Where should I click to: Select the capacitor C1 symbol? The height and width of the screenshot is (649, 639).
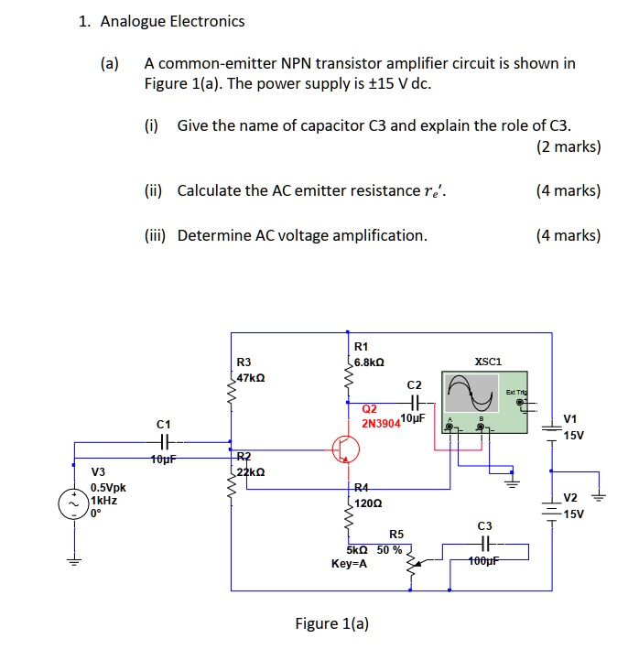pos(164,442)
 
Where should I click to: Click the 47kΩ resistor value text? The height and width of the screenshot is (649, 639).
pos(251,377)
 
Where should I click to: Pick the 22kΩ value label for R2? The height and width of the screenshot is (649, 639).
pos(251,472)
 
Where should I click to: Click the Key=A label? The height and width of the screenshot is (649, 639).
pos(350,564)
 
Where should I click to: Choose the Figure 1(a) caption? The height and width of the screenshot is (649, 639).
pos(331,624)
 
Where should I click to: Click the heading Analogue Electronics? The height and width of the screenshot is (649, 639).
pos(172,21)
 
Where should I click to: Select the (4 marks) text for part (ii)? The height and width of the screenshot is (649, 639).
pos(568,190)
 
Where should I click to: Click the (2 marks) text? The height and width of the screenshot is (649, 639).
pos(568,146)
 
